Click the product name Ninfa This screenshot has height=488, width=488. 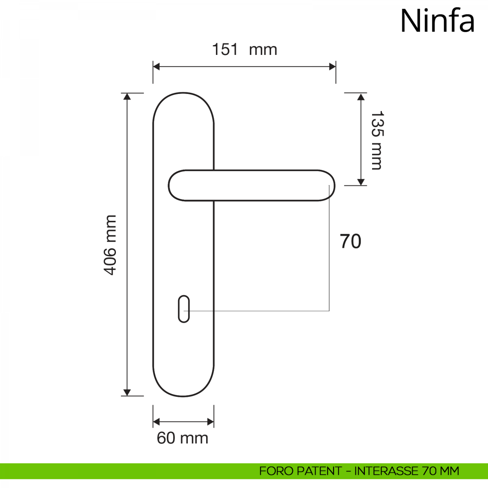click(437, 21)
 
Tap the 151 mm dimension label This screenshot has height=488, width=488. click(244, 50)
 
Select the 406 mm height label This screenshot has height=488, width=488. click(110, 245)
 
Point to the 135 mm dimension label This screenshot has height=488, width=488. click(377, 140)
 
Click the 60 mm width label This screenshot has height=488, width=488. click(183, 438)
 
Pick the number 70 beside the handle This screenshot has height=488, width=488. click(350, 241)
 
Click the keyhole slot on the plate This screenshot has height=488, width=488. click(184, 309)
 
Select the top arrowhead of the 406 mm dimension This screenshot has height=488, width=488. click(127, 96)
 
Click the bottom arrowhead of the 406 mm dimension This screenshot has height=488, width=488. click(127, 392)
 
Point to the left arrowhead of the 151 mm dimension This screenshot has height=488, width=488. click(157, 67)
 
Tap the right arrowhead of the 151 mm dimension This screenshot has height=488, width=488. click(332, 67)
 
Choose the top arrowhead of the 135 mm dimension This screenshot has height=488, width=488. click(361, 96)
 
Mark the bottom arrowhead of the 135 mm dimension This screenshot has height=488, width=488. click(361, 182)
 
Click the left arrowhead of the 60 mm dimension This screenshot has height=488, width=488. click(157, 422)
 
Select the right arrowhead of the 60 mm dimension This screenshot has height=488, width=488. click(211, 422)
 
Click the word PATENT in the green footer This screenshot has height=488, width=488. click(319, 471)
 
